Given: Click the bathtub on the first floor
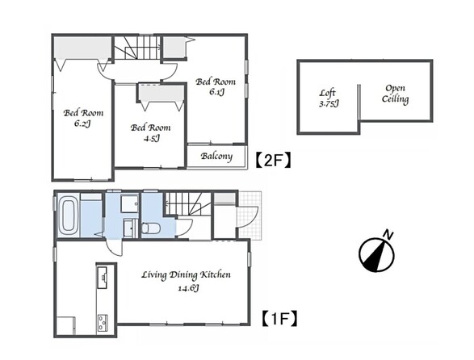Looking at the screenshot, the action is click(x=69, y=216).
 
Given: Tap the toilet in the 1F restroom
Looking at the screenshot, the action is click(x=150, y=228).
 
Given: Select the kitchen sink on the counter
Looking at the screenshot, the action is click(x=103, y=278).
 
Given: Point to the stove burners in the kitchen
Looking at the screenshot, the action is click(x=103, y=324).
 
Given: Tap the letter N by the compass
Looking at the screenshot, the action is click(x=388, y=235).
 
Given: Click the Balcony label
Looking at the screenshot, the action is click(x=216, y=157).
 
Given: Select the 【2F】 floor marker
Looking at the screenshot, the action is click(x=273, y=160).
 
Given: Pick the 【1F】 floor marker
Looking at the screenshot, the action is click(x=279, y=319).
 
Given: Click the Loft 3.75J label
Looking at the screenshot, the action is click(x=329, y=98).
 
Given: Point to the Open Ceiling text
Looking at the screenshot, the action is click(x=395, y=94).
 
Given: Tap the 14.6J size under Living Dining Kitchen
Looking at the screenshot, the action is click(x=188, y=288).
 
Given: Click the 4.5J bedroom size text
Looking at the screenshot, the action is click(x=151, y=139).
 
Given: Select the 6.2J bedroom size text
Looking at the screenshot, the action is click(x=82, y=123).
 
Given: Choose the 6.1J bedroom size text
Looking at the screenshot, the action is click(x=216, y=91).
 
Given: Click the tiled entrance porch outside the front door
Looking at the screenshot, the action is click(x=249, y=216).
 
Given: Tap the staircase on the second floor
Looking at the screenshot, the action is click(x=137, y=48).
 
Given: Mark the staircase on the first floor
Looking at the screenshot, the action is click(x=187, y=204).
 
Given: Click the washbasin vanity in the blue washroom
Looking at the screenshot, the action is click(x=131, y=228).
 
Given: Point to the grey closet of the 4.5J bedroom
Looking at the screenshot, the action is click(x=161, y=94).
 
